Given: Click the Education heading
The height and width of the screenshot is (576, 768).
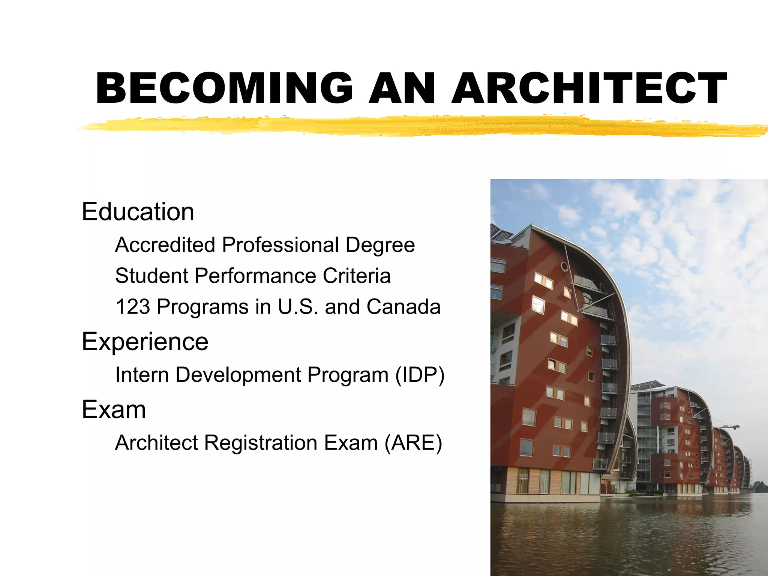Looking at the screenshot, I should click(138, 212).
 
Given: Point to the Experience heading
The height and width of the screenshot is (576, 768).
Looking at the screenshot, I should click(145, 342).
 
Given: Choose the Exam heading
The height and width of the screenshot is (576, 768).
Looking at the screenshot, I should click(114, 409).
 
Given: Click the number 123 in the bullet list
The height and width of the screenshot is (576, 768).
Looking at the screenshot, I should click(132, 307).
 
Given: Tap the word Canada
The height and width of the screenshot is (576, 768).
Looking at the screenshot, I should click(403, 307).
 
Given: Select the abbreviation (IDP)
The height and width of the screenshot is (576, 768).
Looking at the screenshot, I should click(420, 375).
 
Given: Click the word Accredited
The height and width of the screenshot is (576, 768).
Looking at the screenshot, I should click(165, 245).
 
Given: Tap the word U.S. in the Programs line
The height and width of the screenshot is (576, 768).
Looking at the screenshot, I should click(298, 307).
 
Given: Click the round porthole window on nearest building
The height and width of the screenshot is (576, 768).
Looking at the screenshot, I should click(564, 267).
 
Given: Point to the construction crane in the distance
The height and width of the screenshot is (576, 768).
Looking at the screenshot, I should click(729, 426).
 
